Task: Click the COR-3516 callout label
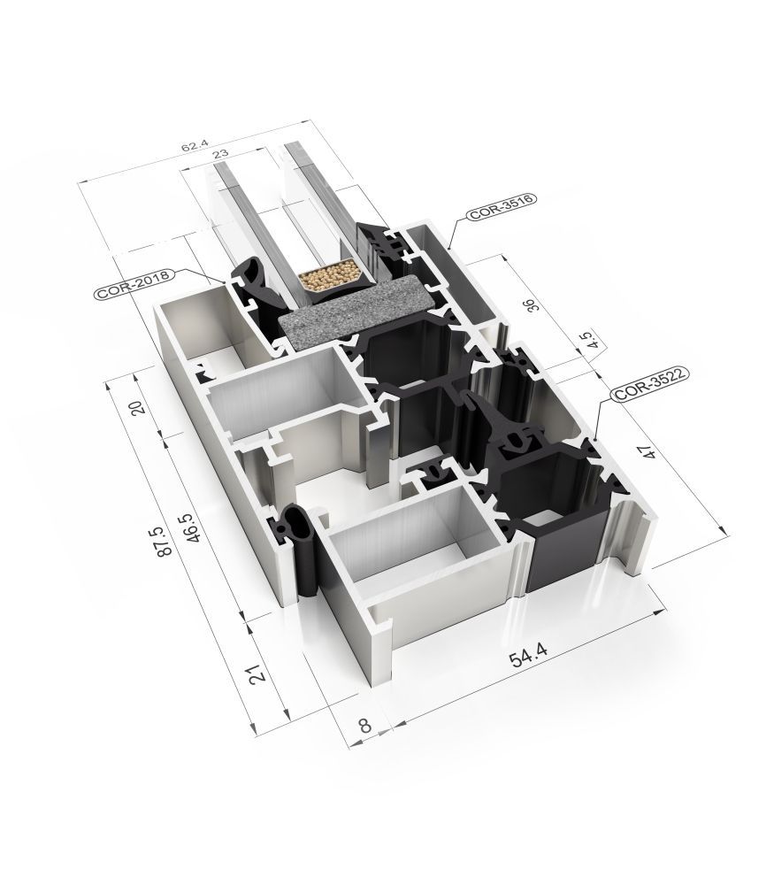tap(500, 207)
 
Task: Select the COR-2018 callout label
tap(134, 284)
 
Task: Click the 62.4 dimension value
tap(194, 147)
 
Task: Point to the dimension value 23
tap(221, 153)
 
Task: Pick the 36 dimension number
tap(533, 304)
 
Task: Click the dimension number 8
tap(365, 724)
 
